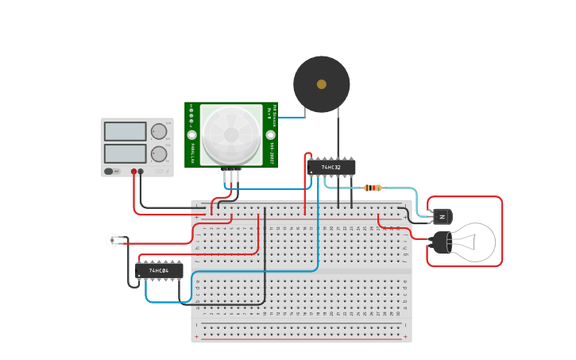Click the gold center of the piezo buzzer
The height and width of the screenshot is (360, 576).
321,84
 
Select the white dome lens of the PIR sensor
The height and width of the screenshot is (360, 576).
231,134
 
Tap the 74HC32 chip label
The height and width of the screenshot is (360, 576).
331,168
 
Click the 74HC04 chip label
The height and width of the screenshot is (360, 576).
159,271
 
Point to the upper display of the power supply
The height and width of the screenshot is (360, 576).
125,131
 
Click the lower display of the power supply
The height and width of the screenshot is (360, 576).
125,153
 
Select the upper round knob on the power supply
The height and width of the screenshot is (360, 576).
160,131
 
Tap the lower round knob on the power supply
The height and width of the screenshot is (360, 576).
160,153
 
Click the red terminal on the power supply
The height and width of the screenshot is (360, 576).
133,171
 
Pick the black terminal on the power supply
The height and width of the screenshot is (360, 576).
141,171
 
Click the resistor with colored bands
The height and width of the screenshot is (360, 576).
372,188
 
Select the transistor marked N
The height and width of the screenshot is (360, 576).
443,216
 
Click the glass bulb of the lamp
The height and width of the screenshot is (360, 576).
474,242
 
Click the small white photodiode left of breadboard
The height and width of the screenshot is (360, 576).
113,240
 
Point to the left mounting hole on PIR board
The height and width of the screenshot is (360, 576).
192,135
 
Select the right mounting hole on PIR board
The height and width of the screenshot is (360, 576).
269,135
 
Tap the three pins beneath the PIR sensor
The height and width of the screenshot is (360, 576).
231,174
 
